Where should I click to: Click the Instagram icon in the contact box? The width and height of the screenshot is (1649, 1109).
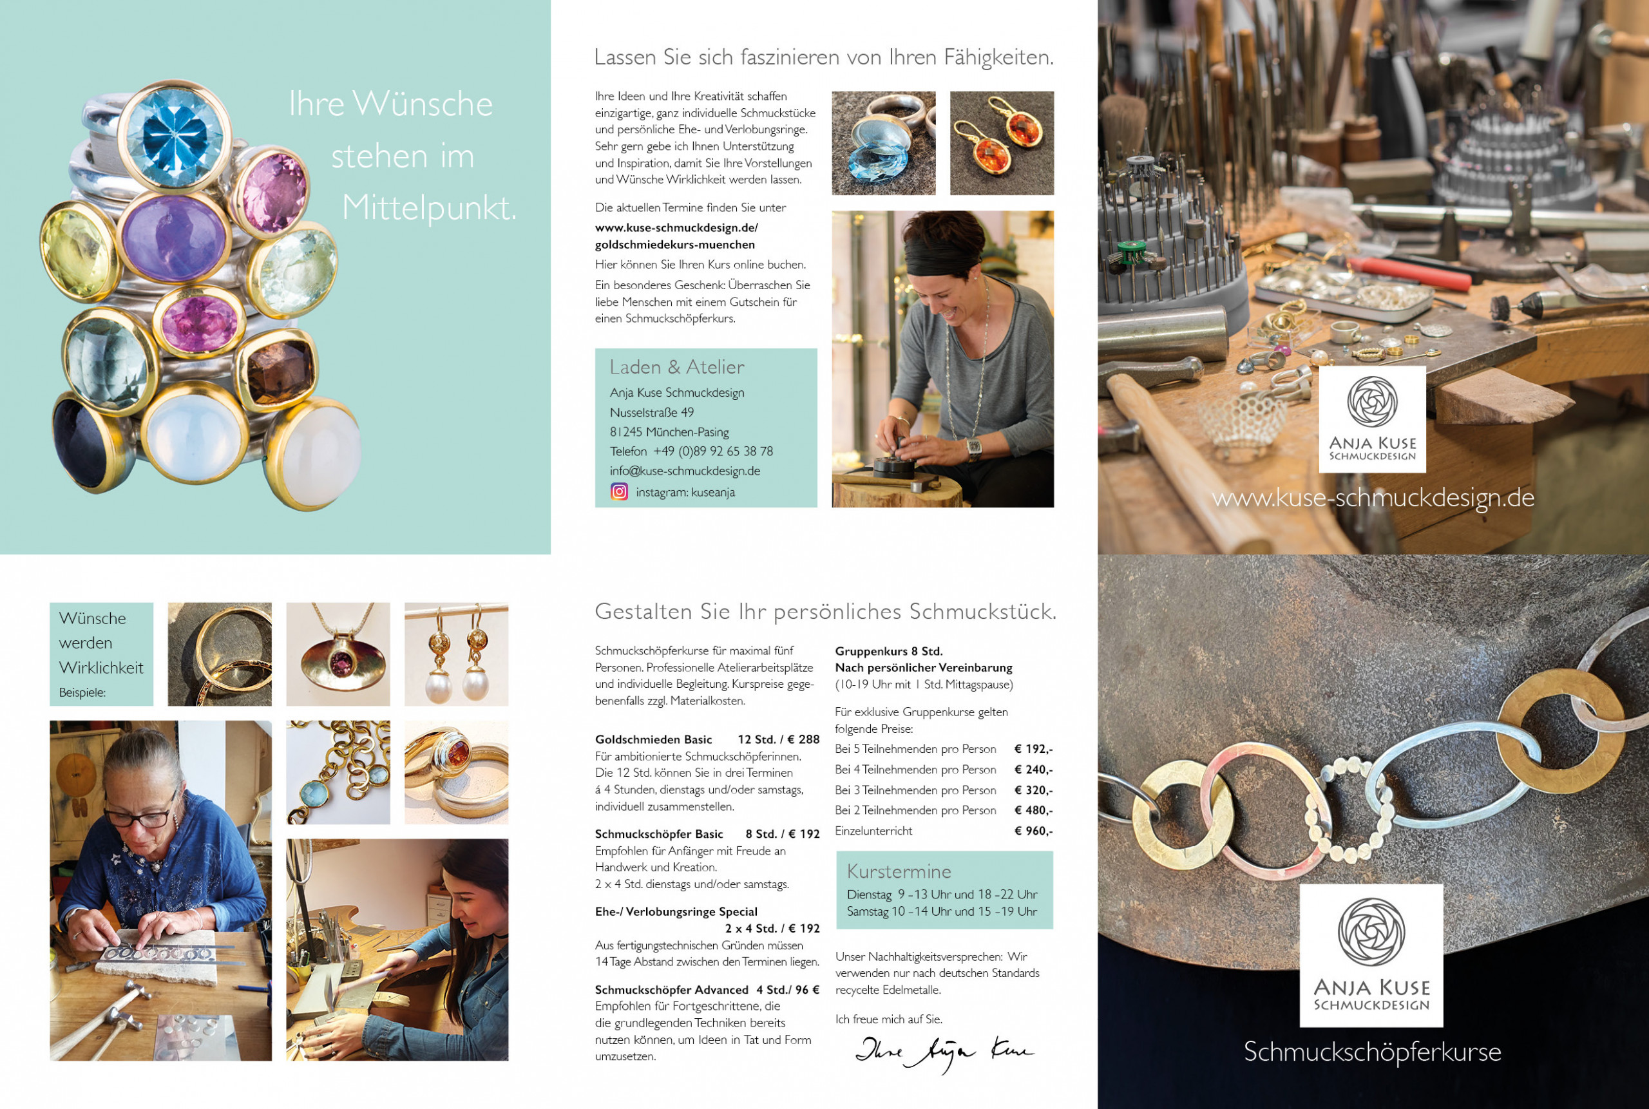(x=619, y=491)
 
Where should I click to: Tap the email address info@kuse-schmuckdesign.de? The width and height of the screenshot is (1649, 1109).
(x=685, y=471)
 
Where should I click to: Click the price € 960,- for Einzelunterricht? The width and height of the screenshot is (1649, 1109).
(x=1034, y=831)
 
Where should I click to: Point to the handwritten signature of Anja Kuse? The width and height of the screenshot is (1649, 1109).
(x=944, y=1052)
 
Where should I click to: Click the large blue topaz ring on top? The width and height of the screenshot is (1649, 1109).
(x=174, y=135)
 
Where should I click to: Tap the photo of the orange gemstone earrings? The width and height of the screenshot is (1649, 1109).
(x=1002, y=143)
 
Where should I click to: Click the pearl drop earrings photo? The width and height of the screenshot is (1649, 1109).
(x=456, y=654)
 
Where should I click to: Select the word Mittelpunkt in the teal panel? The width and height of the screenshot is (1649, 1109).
(x=429, y=208)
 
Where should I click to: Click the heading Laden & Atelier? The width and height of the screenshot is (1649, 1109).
(x=677, y=367)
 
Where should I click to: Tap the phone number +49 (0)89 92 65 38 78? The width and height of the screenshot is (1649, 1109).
(x=712, y=451)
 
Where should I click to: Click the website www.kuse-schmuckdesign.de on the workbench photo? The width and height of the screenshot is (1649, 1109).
(x=1373, y=498)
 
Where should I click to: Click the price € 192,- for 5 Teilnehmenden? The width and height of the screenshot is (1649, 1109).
(x=1034, y=749)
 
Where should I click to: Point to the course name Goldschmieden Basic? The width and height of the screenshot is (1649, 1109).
(x=654, y=740)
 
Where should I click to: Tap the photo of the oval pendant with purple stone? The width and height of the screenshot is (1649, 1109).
(x=338, y=654)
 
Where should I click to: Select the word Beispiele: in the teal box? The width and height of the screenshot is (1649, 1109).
(x=82, y=692)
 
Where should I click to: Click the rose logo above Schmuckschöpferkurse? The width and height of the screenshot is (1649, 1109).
(x=1371, y=932)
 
